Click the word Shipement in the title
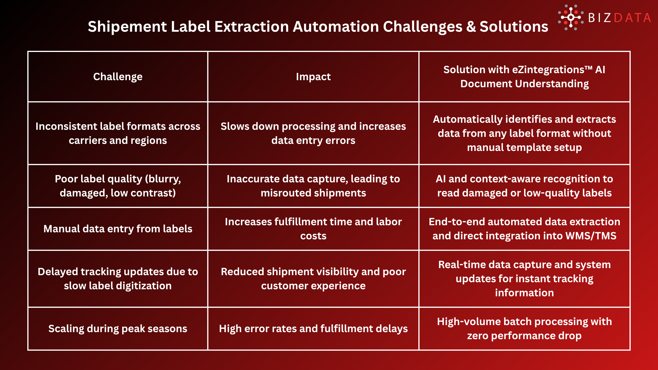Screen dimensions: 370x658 tap(127, 27)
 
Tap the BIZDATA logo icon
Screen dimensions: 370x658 tap(570, 17)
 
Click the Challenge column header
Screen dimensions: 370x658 tap(118, 77)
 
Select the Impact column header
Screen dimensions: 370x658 tap(313, 77)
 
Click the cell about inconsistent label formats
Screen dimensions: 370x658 tap(118, 133)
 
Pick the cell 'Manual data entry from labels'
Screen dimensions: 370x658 tap(118, 229)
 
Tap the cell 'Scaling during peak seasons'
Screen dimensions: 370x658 tap(118, 329)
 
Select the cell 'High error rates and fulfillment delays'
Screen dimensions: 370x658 tap(313, 329)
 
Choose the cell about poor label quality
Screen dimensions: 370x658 tap(118, 186)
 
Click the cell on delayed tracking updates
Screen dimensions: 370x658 tap(118, 279)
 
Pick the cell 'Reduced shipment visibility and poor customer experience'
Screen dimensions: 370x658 tap(313, 279)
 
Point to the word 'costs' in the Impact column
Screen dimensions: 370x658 tap(313, 236)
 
